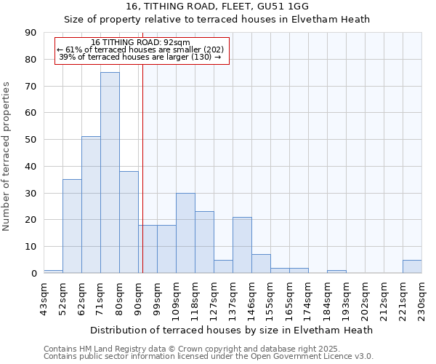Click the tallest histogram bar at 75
110,173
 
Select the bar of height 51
91,205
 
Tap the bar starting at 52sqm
72,226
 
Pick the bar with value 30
185,233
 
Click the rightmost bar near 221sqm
412,266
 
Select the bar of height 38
129,222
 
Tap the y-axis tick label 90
31,33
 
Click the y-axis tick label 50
31,140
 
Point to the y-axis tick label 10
31,247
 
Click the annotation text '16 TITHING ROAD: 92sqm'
141,42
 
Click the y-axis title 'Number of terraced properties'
7,157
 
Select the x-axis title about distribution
233,330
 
